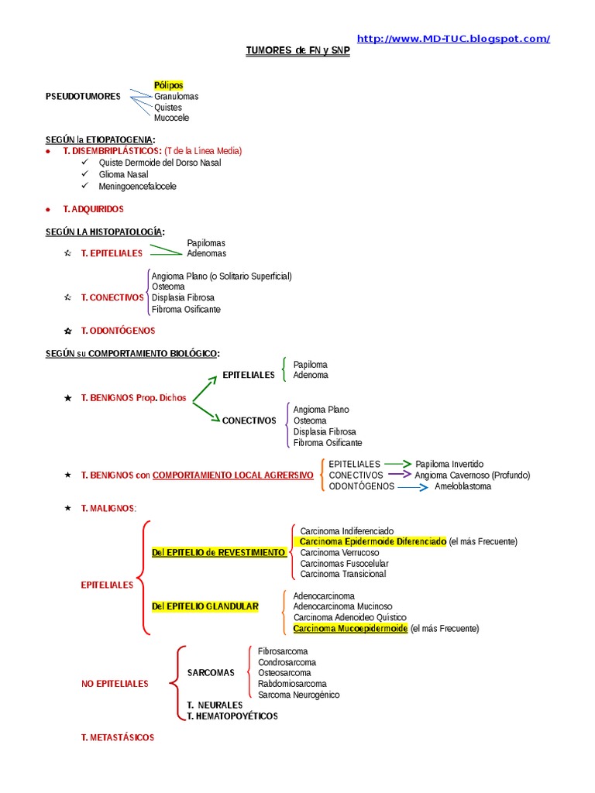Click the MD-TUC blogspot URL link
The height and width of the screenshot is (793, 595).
[453, 39]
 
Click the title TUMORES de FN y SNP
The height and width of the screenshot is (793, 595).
[298, 51]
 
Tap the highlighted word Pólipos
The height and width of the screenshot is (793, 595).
[168, 85]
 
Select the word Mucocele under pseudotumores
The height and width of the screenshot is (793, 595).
[171, 118]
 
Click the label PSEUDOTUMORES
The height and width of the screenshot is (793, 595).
[84, 96]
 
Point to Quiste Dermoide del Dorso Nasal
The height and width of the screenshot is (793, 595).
[160, 163]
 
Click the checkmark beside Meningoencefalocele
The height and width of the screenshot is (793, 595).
[84, 187]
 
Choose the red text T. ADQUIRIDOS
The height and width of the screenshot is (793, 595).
[93, 210]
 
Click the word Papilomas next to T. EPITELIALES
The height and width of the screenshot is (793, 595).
[206, 243]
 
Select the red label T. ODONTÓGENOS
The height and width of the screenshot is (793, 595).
[118, 331]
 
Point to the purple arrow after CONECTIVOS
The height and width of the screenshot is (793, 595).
[399, 475]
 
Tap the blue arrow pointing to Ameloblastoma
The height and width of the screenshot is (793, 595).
[412, 486]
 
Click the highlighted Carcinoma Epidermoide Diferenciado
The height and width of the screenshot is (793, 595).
[373, 542]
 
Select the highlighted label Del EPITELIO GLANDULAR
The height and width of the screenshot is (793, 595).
[205, 606]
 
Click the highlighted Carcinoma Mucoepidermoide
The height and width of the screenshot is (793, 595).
[350, 629]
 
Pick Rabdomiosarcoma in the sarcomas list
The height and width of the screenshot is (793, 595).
[292, 684]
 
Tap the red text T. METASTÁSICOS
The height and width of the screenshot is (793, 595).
[118, 738]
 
